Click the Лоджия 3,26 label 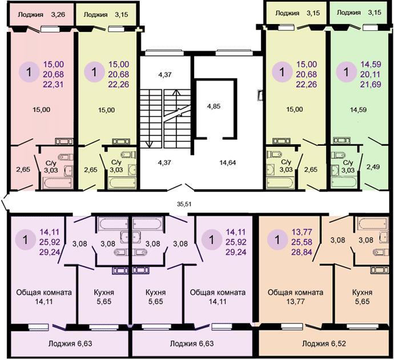click(x=42, y=15)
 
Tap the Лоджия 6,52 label click(x=324, y=343)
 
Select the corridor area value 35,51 click(x=184, y=204)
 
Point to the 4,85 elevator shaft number click(x=214, y=106)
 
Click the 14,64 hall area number click(x=228, y=163)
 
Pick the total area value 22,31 click(x=54, y=85)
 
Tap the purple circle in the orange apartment click(x=277, y=239)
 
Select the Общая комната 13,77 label click(x=296, y=297)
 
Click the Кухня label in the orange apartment click(x=362, y=293)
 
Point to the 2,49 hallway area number click(x=373, y=166)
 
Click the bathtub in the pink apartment click(x=57, y=183)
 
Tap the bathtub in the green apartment click(x=344, y=182)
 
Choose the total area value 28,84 click(x=301, y=251)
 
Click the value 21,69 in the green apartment click(x=371, y=84)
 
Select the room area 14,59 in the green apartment click(x=359, y=110)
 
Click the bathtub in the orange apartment click(x=373, y=223)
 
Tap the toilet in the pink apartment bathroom click(x=65, y=157)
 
